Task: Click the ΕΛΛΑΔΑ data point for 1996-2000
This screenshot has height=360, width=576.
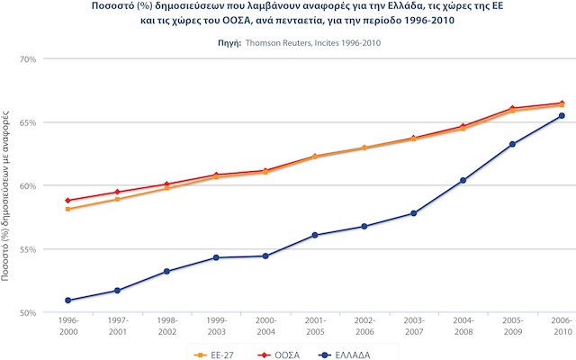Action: pyautogui.click(x=68, y=300)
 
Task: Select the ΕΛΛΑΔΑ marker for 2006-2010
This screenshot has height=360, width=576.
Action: pyautogui.click(x=562, y=115)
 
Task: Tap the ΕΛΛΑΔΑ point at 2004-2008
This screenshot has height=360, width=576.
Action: pyautogui.click(x=463, y=180)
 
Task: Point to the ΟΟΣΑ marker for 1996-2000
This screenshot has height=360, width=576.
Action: pyautogui.click(x=68, y=201)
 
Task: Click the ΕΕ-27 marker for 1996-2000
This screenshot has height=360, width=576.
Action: pyautogui.click(x=68, y=209)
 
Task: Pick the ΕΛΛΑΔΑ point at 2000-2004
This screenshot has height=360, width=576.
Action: pyautogui.click(x=265, y=256)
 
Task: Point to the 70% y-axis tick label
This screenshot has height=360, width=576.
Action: pyautogui.click(x=27, y=58)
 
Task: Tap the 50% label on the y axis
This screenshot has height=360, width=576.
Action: pyautogui.click(x=27, y=312)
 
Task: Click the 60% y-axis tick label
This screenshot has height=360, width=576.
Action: pyautogui.click(x=27, y=185)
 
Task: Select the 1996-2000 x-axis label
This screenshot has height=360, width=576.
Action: pyautogui.click(x=68, y=325)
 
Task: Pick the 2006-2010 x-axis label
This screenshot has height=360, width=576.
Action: pyautogui.click(x=562, y=325)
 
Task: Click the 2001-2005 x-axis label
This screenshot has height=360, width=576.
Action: pyautogui.click(x=315, y=325)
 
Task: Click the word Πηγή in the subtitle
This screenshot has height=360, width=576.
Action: pyautogui.click(x=232, y=42)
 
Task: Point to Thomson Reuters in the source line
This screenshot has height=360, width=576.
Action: pyautogui.click(x=280, y=42)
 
